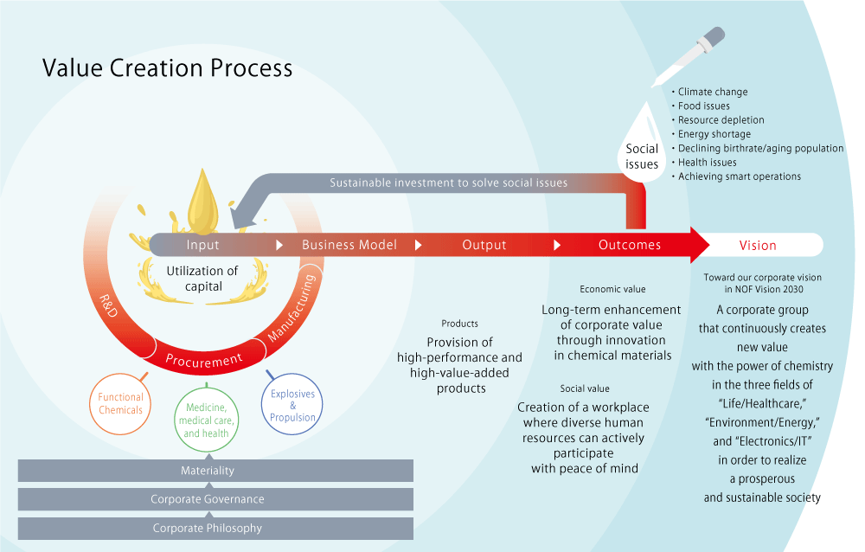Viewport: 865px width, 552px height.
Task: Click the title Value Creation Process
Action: click(x=168, y=68)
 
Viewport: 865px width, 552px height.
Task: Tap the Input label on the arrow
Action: click(x=202, y=245)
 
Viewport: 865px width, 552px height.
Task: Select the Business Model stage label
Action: click(x=349, y=245)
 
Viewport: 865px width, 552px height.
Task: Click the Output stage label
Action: click(x=484, y=245)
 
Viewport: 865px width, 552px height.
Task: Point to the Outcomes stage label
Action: click(x=630, y=245)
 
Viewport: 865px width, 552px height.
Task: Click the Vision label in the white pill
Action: click(x=758, y=245)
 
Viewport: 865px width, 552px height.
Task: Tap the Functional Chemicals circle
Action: click(x=120, y=404)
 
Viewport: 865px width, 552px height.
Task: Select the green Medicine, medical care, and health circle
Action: click(x=205, y=420)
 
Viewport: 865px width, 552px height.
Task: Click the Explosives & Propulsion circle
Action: click(x=292, y=405)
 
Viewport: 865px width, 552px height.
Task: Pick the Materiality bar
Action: click(x=208, y=471)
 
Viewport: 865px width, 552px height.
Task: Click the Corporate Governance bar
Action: click(x=208, y=499)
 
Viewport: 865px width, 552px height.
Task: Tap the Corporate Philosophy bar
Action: click(x=208, y=528)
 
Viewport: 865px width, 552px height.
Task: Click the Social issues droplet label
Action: click(x=642, y=157)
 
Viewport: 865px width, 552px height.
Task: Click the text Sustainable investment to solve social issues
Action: click(x=448, y=183)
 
